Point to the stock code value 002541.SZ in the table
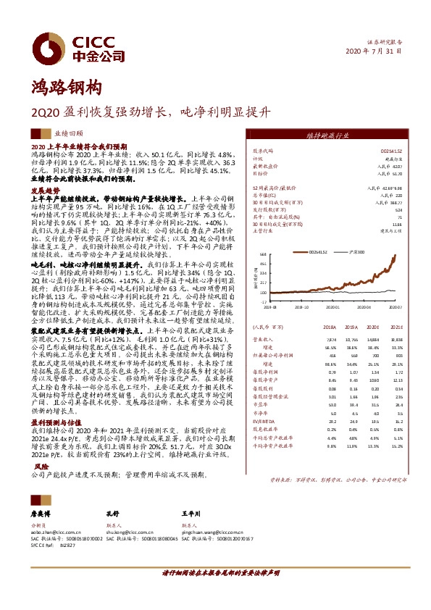tap(390, 151)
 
